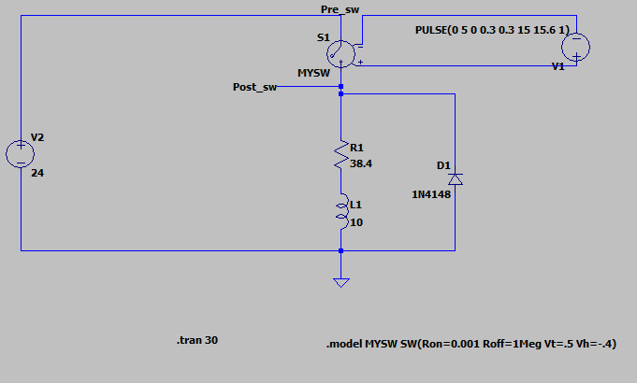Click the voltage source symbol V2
(x=20, y=153)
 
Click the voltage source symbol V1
(x=576, y=48)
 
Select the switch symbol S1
(x=341, y=52)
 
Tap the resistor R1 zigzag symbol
(x=341, y=155)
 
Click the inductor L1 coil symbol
(x=341, y=212)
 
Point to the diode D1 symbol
(x=456, y=177)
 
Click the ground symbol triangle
(x=341, y=282)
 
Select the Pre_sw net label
(x=340, y=8)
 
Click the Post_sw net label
(x=254, y=87)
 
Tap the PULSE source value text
(x=492, y=30)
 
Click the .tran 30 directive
(x=196, y=341)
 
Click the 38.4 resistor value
(x=362, y=163)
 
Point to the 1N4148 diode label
(x=430, y=194)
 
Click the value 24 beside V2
(x=38, y=173)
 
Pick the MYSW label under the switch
(x=311, y=71)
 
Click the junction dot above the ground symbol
(x=341, y=250)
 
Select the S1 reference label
(x=323, y=37)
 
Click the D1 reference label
(x=443, y=165)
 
